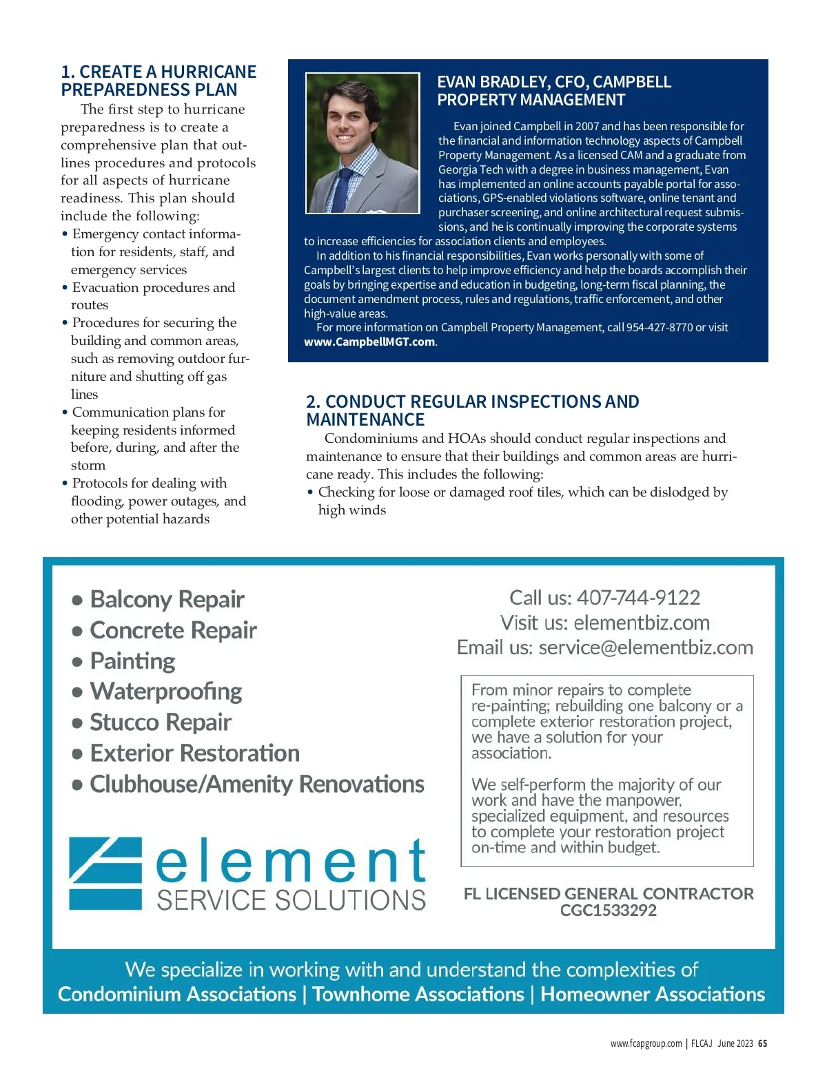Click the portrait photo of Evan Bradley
[363, 143]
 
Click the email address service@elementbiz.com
[646, 647]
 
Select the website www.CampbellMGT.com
[369, 342]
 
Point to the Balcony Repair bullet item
[167, 599]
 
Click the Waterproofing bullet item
[166, 691]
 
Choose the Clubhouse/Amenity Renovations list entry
[257, 784]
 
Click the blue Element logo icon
[105, 873]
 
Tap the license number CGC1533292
[609, 910]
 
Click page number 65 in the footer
[762, 1043]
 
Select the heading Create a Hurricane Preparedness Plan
[159, 81]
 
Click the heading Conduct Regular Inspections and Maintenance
[472, 410]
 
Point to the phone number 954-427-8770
[660, 327]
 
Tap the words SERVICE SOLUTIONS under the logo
[292, 900]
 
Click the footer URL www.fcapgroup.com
[646, 1043]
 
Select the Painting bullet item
[133, 661]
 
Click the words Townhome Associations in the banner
[418, 994]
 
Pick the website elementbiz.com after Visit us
[642, 623]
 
